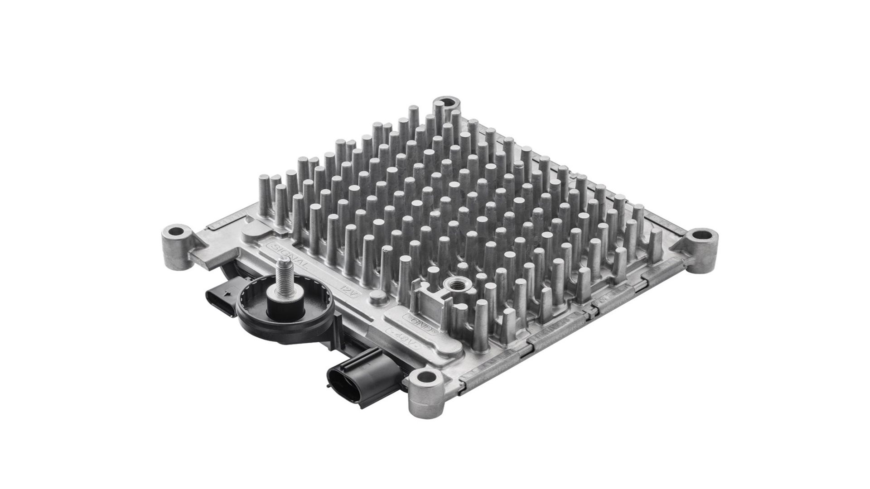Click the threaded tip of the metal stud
pos(284,263)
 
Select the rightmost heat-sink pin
pos(656,244)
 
